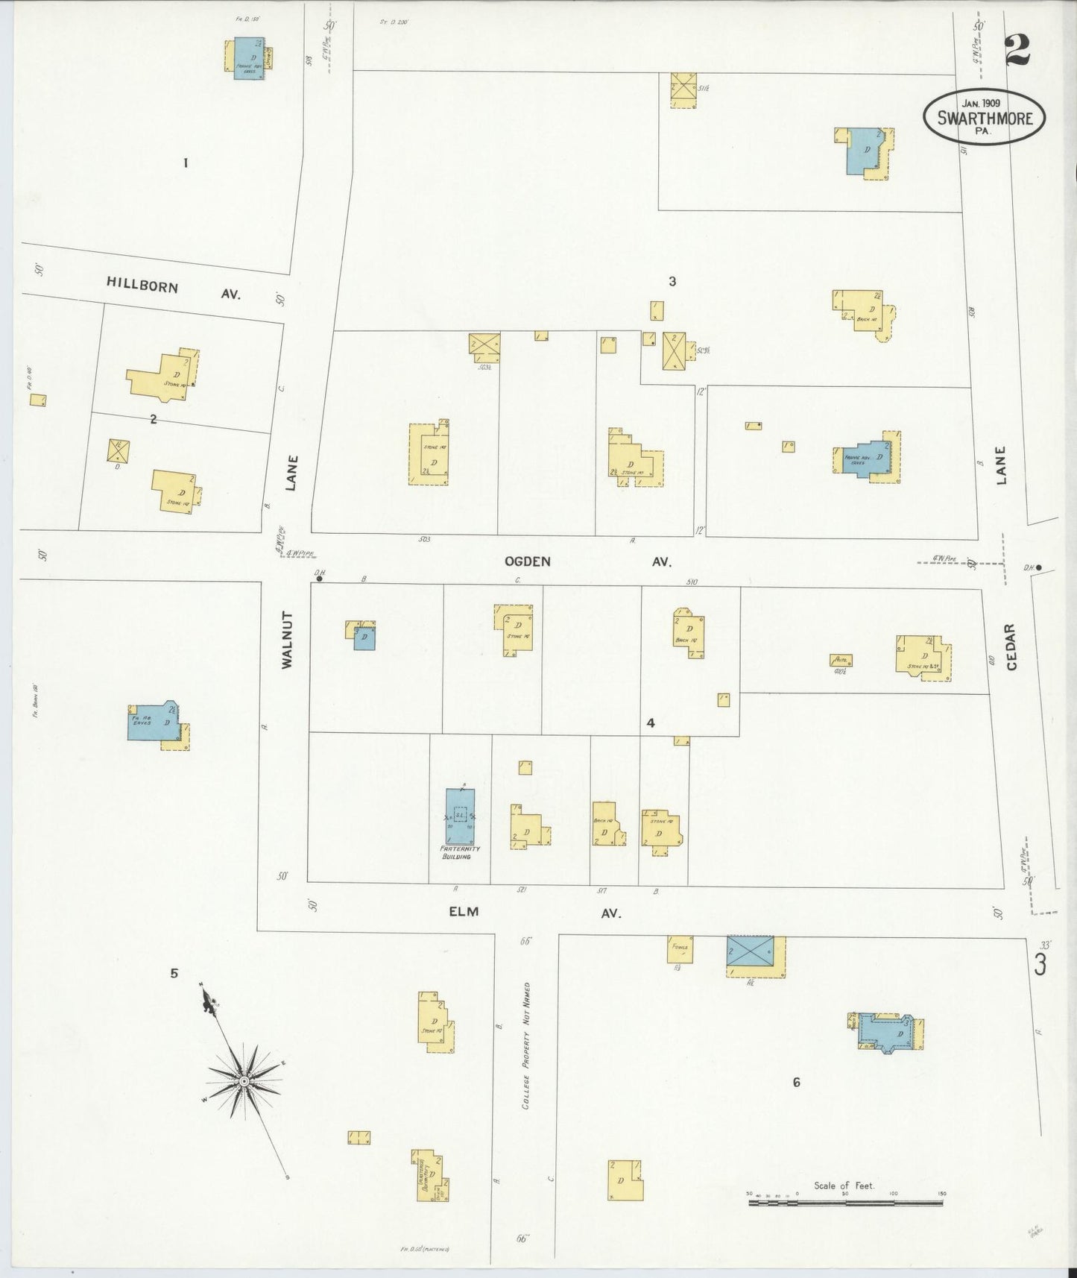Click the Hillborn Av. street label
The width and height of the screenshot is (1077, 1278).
click(x=173, y=287)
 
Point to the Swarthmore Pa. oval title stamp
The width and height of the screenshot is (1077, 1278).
click(x=984, y=117)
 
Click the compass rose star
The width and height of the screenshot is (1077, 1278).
click(x=244, y=1080)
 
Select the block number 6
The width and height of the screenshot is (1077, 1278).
click(x=796, y=1082)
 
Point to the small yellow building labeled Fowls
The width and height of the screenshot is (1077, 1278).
click(x=680, y=949)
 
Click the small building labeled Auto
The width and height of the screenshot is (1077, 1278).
click(x=841, y=660)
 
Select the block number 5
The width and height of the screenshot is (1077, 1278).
click(x=174, y=972)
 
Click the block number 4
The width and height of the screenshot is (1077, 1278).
click(x=651, y=723)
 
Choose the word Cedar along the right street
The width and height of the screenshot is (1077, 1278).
click(x=1011, y=646)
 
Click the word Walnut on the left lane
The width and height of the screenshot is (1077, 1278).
click(x=288, y=639)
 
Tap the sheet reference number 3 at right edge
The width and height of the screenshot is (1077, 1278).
click(x=1040, y=964)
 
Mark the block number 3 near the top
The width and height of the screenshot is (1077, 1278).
click(x=672, y=281)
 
